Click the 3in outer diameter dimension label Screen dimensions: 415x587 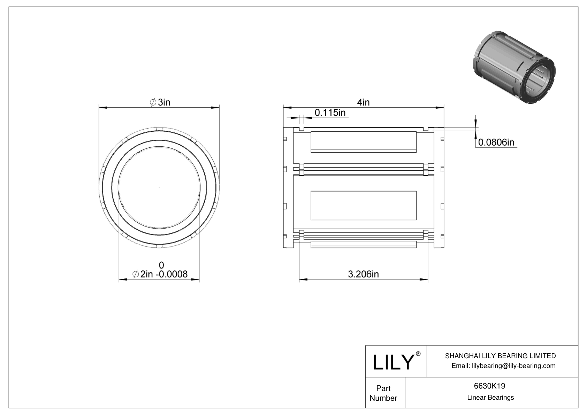[160, 102]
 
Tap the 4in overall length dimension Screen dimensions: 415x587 [363, 102]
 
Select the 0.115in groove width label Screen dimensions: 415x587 [330, 113]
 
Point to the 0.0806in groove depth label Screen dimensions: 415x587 [496, 142]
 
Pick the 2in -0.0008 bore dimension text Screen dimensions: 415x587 [160, 274]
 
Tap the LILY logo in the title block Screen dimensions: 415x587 [393, 362]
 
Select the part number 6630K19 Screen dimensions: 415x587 [490, 386]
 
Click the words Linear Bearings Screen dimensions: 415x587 [490, 397]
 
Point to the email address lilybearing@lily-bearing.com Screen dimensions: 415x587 [503, 366]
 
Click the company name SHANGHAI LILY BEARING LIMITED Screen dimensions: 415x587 [500, 356]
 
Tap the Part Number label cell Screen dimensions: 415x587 [383, 393]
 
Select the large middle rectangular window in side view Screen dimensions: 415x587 [363, 206]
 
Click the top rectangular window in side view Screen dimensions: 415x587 [363, 141]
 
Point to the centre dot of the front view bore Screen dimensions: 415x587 [159, 188]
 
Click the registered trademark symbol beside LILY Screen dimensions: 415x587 [418, 354]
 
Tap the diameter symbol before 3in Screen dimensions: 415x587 [153, 102]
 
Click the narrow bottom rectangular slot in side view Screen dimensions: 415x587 [363, 245]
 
